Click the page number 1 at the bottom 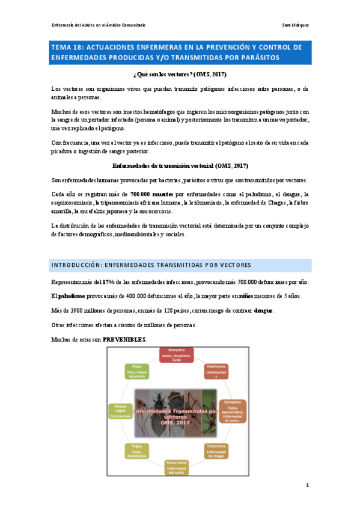(307, 485)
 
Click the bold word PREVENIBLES (124, 339)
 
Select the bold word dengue (263, 310)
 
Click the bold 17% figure (108, 281)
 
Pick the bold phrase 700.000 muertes (152, 194)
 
